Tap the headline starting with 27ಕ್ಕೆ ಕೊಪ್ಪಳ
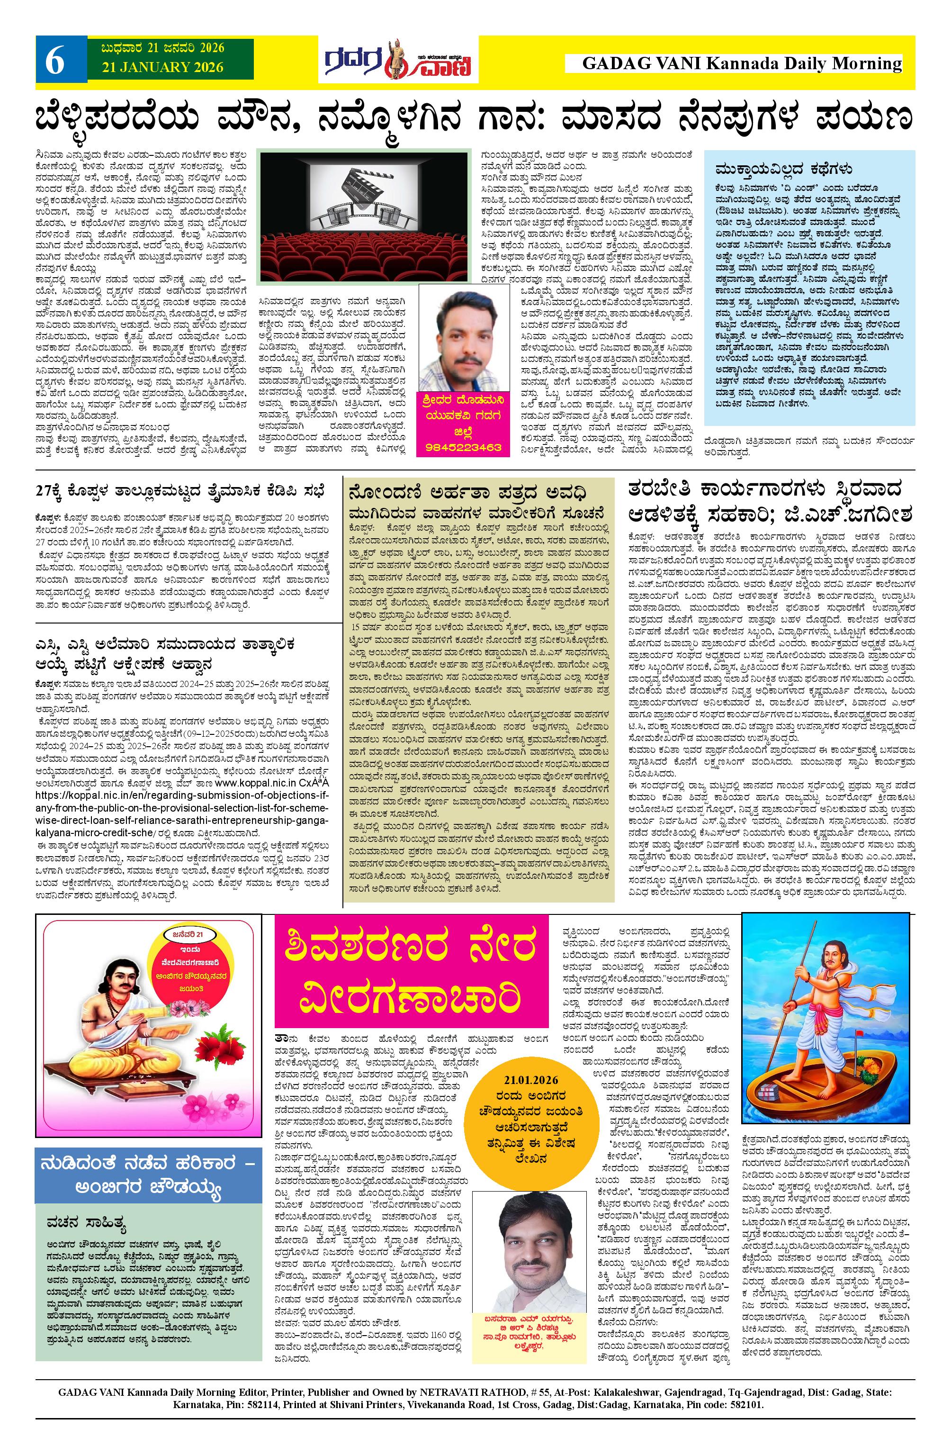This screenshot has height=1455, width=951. (x=181, y=491)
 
